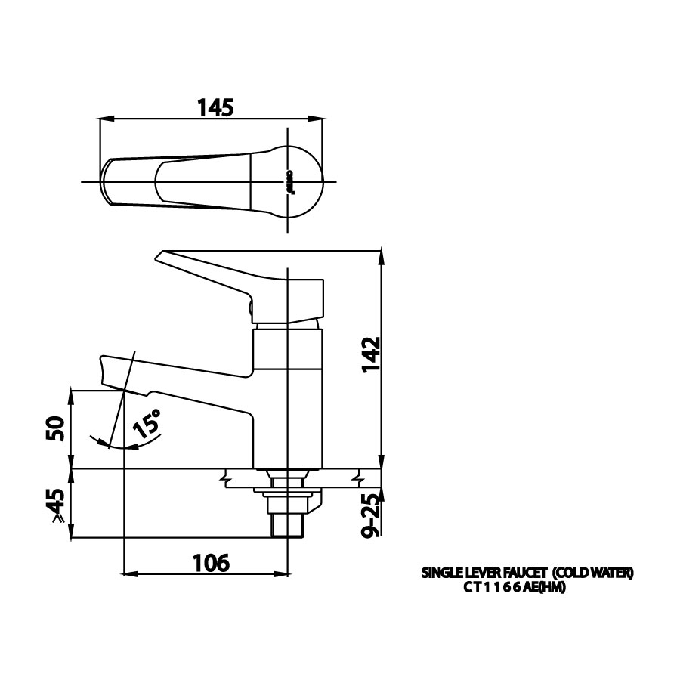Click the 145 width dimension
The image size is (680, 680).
(x=215, y=108)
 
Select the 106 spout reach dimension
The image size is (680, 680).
(x=210, y=562)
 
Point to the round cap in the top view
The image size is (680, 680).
(x=292, y=181)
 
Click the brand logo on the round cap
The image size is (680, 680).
(x=288, y=184)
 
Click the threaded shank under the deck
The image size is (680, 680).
(x=288, y=522)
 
